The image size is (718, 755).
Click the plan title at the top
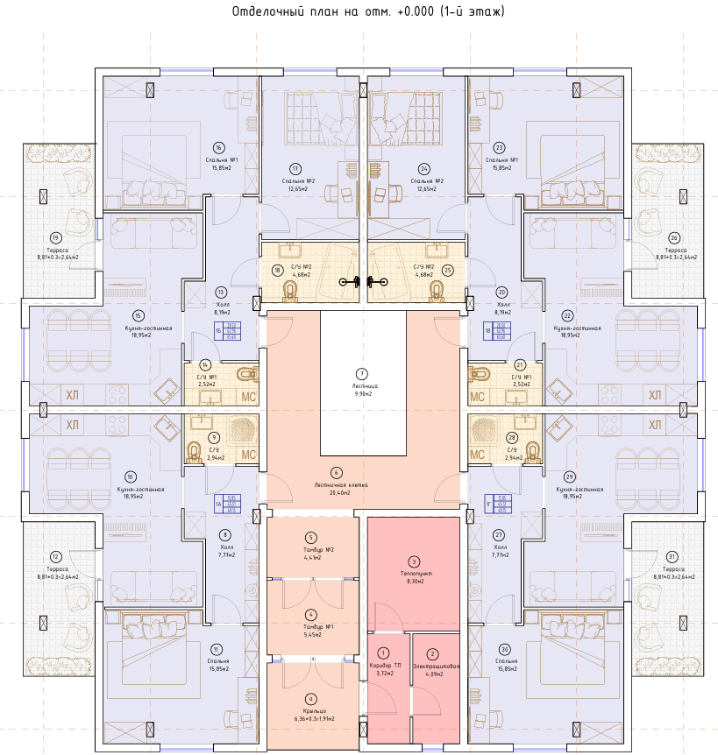368,12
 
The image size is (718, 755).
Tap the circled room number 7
362,373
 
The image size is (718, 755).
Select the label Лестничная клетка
335,483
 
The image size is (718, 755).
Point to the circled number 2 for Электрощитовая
431,653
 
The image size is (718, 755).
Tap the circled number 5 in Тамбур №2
310,538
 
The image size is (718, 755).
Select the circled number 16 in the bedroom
218,147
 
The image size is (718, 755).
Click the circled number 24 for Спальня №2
424,168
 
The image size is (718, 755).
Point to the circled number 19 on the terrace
55,237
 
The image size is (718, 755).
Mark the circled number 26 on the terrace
673,237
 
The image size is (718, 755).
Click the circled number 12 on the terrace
55,557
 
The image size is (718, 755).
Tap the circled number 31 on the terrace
672,557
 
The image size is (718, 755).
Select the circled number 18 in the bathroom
277,272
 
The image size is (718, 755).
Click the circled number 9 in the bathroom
214,437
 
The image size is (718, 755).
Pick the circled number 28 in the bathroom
512,437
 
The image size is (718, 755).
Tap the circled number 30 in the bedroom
505,649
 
